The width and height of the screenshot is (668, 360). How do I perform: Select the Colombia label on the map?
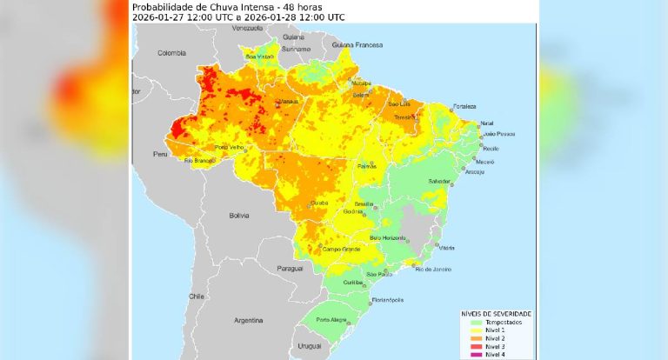[172, 53]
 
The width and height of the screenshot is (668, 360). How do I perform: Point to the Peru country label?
[159, 154]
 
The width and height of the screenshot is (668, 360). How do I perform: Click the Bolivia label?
[238, 215]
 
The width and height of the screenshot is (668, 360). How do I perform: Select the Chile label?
[197, 296]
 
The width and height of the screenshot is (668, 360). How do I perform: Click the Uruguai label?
[310, 346]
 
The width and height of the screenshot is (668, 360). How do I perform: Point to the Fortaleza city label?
[464, 106]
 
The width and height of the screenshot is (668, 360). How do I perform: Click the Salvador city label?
[439, 180]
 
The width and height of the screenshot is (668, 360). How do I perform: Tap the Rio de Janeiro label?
[433, 270]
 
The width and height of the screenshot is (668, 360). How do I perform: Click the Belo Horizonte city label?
[388, 237]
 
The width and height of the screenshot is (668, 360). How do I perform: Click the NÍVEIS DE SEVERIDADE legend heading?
[496, 313]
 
